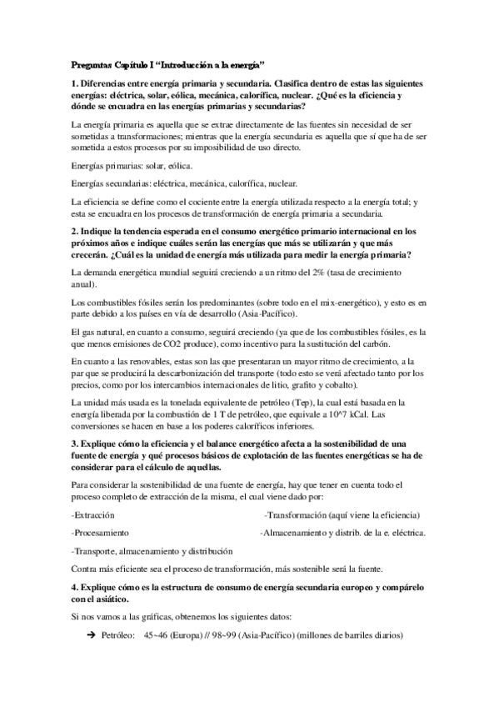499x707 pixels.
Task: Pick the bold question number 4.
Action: [x=73, y=588]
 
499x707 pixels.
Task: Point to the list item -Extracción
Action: [x=92, y=514]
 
